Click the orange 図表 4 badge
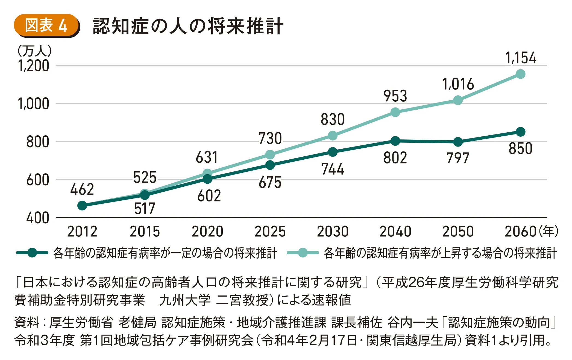point(46,26)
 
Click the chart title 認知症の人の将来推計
point(188,27)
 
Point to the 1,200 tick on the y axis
point(33,66)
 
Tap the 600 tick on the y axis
point(37,180)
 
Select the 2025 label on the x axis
point(270,232)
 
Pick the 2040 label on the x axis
point(395,232)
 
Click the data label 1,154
point(521,58)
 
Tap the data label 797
point(458,158)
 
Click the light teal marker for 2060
point(521,74)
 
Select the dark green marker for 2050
point(458,142)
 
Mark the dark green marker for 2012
point(82,206)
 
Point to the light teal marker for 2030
point(333,136)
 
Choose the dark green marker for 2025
point(270,165)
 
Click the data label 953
point(395,96)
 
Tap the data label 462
point(82,189)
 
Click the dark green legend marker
point(32,253)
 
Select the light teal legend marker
point(303,253)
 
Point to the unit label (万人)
point(34,51)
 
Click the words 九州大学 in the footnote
point(185,300)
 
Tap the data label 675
point(270,182)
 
